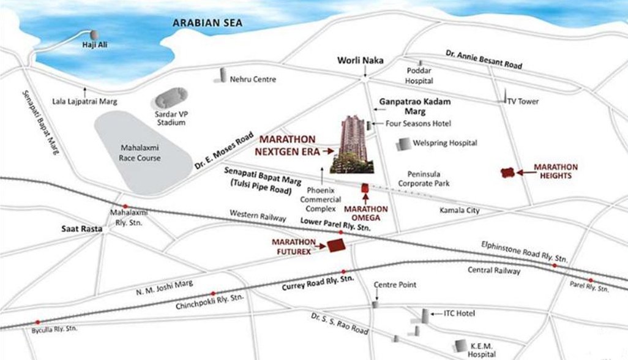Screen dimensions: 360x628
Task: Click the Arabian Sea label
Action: click(207, 23)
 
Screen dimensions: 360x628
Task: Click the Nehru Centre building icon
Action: click(223, 75)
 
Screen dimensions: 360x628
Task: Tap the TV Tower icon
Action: click(505, 99)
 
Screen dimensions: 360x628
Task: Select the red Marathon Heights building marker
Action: click(507, 173)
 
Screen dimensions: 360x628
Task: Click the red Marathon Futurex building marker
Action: click(336, 246)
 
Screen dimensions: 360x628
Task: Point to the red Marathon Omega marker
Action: click(365, 189)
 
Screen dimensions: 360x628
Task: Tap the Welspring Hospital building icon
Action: click(403, 144)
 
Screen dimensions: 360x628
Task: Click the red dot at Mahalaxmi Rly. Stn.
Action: click(125, 206)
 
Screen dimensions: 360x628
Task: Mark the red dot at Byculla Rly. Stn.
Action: click(38, 322)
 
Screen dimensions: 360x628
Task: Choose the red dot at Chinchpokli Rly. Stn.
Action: click(213, 293)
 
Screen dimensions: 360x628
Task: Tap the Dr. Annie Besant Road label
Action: click(484, 59)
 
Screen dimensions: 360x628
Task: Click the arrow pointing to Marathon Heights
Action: click(523, 172)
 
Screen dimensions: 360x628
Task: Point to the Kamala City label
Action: click(460, 211)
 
